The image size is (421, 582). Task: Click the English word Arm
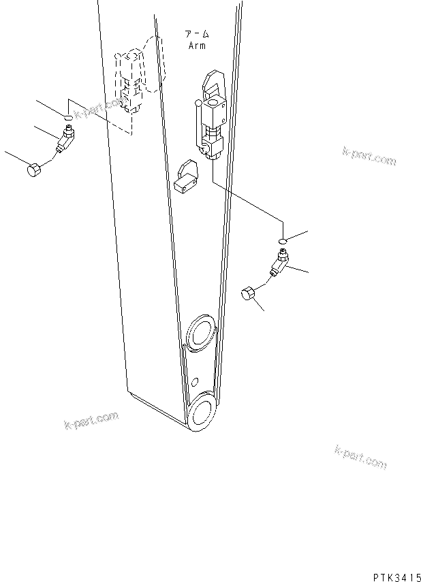coord(196,46)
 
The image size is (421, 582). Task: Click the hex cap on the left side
coord(34,169)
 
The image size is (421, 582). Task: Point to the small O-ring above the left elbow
coord(69,118)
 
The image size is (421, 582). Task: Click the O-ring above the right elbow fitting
coord(283,240)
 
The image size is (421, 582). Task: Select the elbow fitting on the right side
coord(280,262)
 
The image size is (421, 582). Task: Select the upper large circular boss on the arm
coord(200,335)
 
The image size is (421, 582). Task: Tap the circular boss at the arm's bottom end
coord(201,415)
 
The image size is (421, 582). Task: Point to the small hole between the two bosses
coord(194,381)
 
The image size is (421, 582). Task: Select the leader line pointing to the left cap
coord(14,159)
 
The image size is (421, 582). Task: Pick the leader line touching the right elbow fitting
coord(298,270)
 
